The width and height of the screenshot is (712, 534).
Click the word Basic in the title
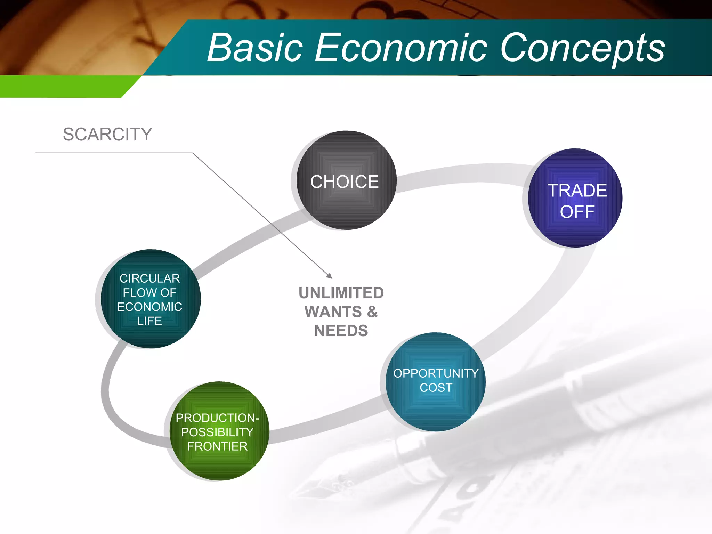pyautogui.click(x=255, y=48)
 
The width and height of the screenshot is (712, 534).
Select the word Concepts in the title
pyautogui.click(x=582, y=48)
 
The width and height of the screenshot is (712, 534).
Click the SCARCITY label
pyautogui.click(x=107, y=135)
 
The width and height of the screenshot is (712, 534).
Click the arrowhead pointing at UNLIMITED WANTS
pyautogui.click(x=330, y=276)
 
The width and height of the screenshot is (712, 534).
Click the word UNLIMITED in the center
pyautogui.click(x=341, y=293)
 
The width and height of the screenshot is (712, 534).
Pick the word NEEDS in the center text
pyautogui.click(x=341, y=331)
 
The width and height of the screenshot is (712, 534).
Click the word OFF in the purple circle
pyautogui.click(x=577, y=212)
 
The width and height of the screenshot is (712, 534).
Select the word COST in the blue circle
pyautogui.click(x=436, y=388)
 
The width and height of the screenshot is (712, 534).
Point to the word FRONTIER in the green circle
pyautogui.click(x=217, y=446)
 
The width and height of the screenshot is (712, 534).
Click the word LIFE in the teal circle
pyautogui.click(x=149, y=321)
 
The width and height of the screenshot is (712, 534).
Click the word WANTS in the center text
pyautogui.click(x=333, y=311)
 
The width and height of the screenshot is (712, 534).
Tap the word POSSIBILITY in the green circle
pyautogui.click(x=217, y=432)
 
